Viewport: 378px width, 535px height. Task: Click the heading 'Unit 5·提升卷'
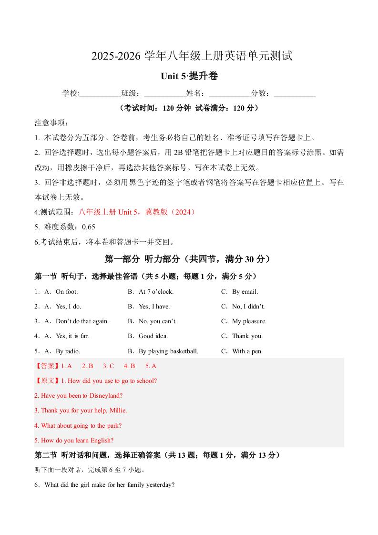(x=189, y=76)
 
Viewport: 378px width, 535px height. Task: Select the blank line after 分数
(x=295, y=93)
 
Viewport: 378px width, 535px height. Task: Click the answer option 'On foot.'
(x=67, y=291)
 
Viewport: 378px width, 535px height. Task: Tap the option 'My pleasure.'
(x=249, y=321)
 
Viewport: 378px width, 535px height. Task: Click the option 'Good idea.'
(x=153, y=336)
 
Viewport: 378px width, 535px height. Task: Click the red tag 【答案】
(x=47, y=366)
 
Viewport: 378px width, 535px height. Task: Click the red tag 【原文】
(x=47, y=381)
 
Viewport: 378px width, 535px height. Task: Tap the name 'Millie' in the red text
(x=117, y=410)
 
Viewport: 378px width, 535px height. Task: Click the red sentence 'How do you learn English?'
(x=77, y=440)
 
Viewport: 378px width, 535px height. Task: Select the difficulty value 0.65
(x=89, y=227)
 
